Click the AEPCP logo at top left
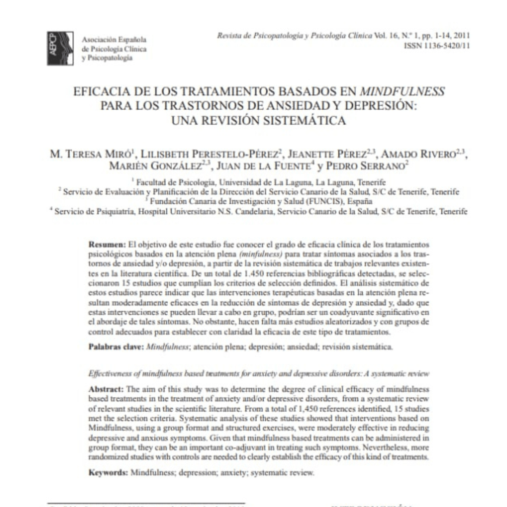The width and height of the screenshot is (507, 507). [60, 48]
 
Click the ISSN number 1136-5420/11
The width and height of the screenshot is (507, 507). [437, 46]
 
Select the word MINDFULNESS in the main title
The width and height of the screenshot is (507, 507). [402, 91]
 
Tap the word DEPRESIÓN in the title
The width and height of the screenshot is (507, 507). [381, 105]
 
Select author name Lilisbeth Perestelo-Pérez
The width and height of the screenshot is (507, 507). [210, 154]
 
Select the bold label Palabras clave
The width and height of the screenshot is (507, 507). [116, 347]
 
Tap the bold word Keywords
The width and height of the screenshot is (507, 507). [108, 473]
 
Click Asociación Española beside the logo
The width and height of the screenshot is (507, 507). [114, 40]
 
